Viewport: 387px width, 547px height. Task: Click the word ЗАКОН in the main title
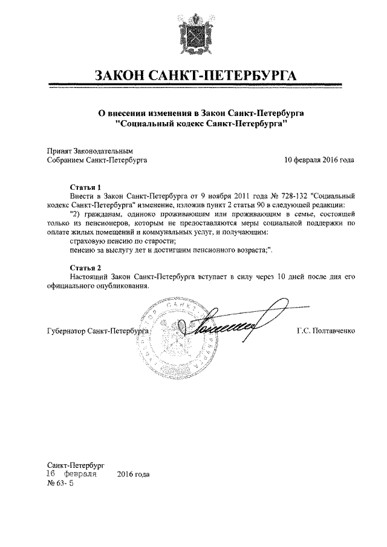[125, 76]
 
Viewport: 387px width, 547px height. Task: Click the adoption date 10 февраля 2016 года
[319, 160]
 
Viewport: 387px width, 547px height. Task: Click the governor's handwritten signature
[230, 324]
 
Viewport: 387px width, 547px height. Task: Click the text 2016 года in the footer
[133, 474]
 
